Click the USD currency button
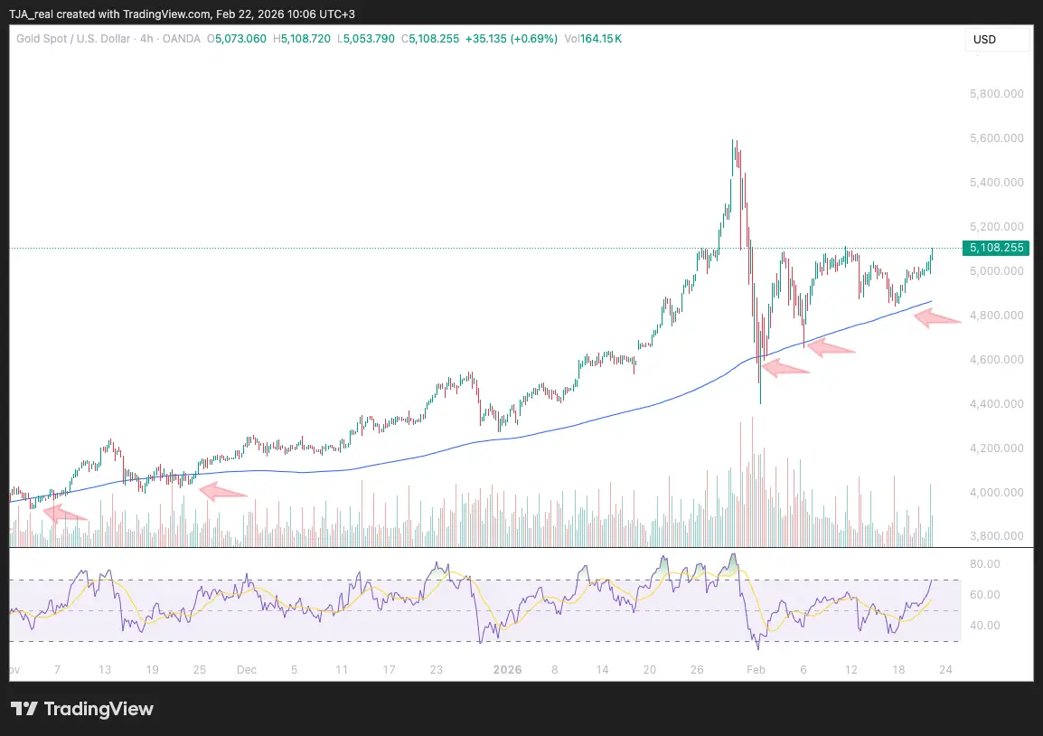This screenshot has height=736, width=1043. [x=984, y=40]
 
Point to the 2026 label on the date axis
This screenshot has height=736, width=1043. [x=506, y=670]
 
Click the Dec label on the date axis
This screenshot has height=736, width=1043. [x=246, y=670]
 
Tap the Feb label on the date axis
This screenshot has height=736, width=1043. [x=756, y=670]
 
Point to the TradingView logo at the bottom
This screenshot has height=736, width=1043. [x=82, y=709]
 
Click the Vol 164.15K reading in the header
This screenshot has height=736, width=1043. [x=593, y=39]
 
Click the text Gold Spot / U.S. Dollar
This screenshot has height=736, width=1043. [x=71, y=39]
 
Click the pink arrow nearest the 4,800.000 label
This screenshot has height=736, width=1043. [x=936, y=317]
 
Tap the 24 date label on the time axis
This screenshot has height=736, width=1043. [x=944, y=670]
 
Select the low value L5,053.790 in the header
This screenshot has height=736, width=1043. [x=365, y=39]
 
